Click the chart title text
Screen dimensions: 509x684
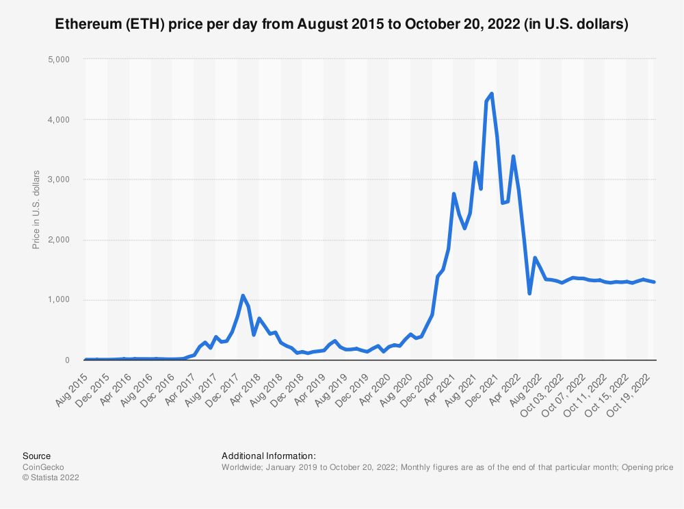(341, 24)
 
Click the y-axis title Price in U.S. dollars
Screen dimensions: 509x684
(36, 210)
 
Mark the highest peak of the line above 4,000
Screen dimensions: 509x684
(492, 94)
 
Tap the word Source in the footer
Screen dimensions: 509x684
(36, 456)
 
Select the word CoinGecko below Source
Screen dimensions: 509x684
(43, 467)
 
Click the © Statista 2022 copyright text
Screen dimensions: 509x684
(51, 478)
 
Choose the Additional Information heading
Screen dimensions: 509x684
(269, 456)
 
